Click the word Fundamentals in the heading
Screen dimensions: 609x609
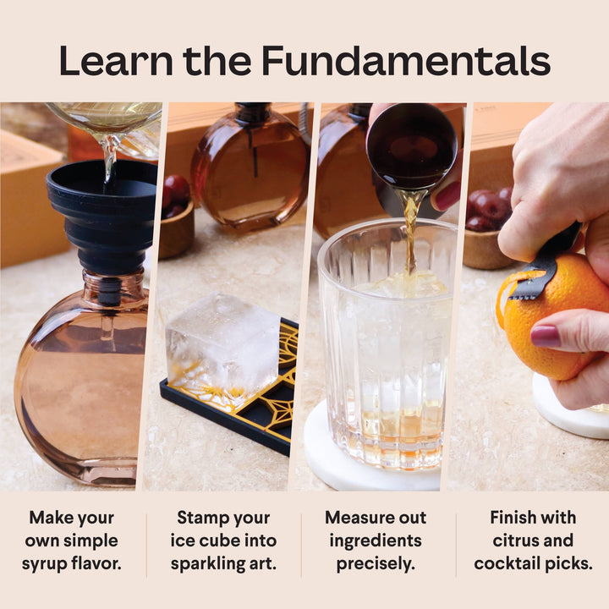pos(405,61)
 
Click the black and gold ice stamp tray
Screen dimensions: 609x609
pos(254,398)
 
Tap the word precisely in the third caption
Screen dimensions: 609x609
pos(376,563)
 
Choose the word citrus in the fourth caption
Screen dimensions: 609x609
pos(511,540)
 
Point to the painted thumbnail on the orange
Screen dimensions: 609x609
pos(545,336)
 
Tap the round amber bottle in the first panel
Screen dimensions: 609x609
pos(80,381)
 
